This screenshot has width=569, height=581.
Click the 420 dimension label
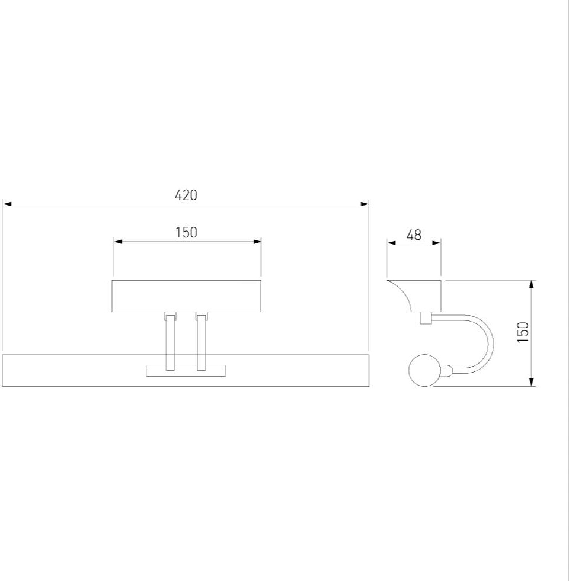pos(186,195)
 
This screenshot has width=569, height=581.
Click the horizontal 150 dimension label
pos(186,233)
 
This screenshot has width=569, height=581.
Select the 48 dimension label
pos(414,235)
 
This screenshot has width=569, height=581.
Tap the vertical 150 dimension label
pos(523,332)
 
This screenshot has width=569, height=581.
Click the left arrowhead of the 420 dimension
pos(7,204)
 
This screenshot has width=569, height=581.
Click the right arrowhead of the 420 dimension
pos(365,204)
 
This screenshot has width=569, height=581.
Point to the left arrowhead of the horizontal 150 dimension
pos(119,242)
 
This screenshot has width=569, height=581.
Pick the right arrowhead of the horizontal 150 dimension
pos(257,242)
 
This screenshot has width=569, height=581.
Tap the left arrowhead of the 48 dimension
pos(392,243)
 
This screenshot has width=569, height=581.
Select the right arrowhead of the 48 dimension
pos(437,243)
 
